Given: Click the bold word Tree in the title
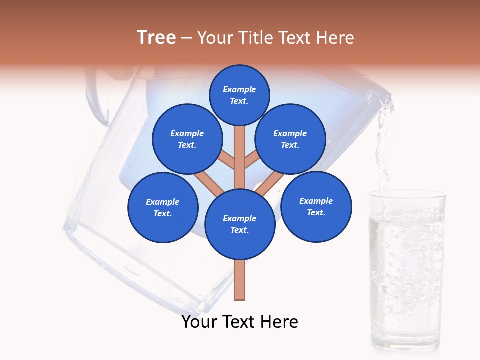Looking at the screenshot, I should pos(156,38).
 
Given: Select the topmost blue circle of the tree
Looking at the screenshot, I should pos(239,95).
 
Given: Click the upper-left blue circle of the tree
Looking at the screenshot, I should pos(187,139).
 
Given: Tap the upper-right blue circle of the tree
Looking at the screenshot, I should pos(290,139).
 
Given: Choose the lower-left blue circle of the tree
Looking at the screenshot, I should pos(163,207).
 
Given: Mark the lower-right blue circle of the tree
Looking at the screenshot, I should pos(316,206).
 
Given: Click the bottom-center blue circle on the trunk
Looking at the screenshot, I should pos(240,224).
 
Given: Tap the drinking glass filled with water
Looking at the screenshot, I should pos(406,270).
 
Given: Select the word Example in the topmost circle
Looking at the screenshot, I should pos(239,89).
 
